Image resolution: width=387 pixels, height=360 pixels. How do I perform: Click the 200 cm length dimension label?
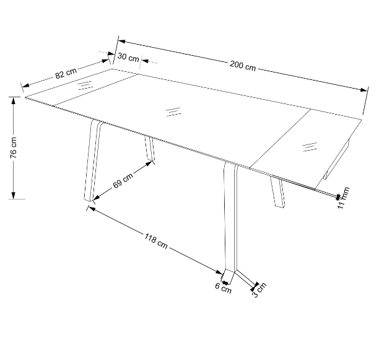tap(243, 66)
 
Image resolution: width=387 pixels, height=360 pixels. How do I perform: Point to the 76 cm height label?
tap(14, 147)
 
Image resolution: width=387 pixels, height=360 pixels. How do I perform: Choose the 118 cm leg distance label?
tap(156, 241)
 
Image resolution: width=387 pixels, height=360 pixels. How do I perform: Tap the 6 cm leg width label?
tap(224, 288)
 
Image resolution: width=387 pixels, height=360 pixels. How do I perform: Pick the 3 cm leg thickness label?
tap(259, 290)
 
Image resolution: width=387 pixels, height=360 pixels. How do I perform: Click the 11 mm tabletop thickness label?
tap(343, 198)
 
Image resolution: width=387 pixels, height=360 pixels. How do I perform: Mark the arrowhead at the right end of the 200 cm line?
tap(364, 90)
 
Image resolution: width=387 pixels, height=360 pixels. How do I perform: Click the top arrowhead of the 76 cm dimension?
tap(14, 100)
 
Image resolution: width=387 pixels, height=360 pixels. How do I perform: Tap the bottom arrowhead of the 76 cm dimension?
tap(14, 196)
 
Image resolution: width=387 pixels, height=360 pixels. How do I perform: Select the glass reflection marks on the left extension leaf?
tap(85, 86)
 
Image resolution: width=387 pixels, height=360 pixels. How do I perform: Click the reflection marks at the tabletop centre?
tap(173, 112)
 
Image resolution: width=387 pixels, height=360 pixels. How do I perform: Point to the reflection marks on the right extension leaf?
tap(310, 147)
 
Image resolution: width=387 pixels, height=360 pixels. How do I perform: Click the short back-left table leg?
tap(150, 149)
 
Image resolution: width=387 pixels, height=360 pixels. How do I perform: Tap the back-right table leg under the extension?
tap(277, 191)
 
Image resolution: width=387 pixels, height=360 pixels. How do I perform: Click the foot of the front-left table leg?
tap(89, 199)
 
